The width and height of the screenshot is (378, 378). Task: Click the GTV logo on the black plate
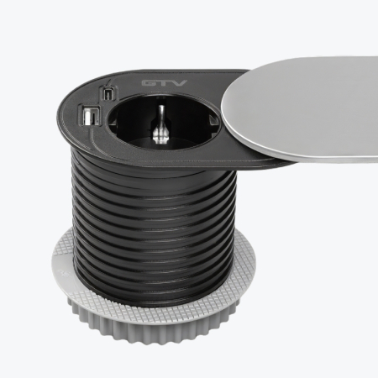165,83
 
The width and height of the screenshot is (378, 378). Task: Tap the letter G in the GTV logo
149,83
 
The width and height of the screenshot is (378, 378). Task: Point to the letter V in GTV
180,83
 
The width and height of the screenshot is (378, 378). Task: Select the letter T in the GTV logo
164,83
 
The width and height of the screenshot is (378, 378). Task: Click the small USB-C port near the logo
107,94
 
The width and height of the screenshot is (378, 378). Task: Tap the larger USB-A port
90,117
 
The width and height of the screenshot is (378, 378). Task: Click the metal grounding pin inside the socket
160,124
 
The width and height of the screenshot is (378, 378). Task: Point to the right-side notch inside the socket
214,122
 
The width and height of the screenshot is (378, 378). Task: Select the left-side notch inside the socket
113,121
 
